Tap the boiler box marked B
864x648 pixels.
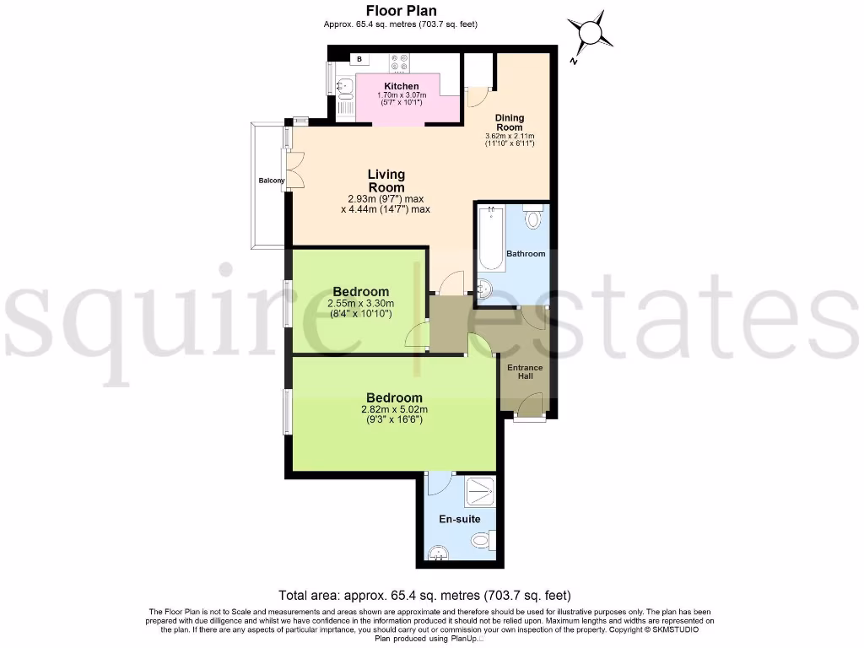[360, 59]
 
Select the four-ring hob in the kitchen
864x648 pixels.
[398, 62]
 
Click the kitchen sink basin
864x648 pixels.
[344, 85]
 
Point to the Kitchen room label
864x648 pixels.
[401, 86]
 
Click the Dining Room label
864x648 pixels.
[510, 122]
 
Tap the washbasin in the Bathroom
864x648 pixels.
[485, 289]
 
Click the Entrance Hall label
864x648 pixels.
[524, 372]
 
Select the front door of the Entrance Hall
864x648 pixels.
[529, 408]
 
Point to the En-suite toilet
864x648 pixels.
[480, 540]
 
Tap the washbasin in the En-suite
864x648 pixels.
[437, 553]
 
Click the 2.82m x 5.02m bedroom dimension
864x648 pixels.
[394, 413]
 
